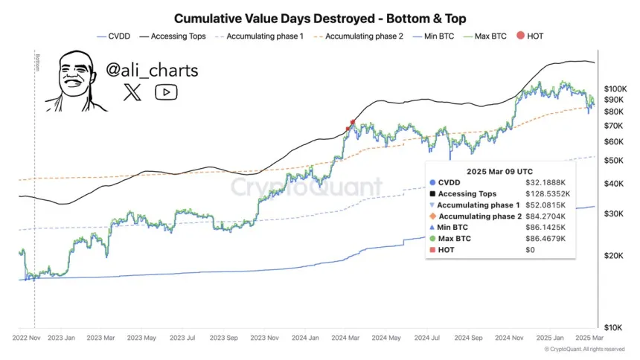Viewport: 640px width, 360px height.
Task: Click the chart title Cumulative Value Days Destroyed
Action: [319, 17]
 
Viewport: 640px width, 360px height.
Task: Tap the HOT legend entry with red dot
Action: [530, 36]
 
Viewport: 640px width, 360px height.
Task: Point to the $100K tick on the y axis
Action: [615, 88]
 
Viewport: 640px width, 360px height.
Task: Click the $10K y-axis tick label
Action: [613, 327]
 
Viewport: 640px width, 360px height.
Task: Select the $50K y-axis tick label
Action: [613, 160]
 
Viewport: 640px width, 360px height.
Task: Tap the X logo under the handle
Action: [132, 92]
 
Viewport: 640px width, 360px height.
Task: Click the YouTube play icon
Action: [166, 92]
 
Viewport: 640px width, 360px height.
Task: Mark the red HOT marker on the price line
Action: [352, 122]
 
